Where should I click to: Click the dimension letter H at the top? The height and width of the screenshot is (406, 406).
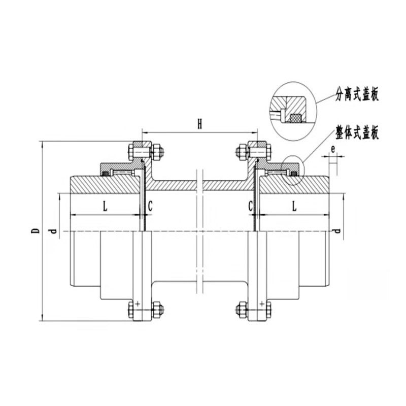click(199, 124)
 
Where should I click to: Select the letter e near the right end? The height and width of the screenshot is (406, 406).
click(333, 149)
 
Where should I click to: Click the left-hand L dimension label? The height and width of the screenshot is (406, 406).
click(105, 207)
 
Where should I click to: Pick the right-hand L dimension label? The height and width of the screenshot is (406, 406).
click(294, 207)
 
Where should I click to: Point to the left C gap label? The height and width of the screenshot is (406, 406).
click(150, 207)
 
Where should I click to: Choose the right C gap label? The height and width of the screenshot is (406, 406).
click(250, 207)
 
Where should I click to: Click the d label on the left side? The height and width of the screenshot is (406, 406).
click(53, 230)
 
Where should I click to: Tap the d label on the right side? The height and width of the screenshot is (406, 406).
click(337, 230)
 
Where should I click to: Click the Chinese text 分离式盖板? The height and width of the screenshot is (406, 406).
click(357, 94)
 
